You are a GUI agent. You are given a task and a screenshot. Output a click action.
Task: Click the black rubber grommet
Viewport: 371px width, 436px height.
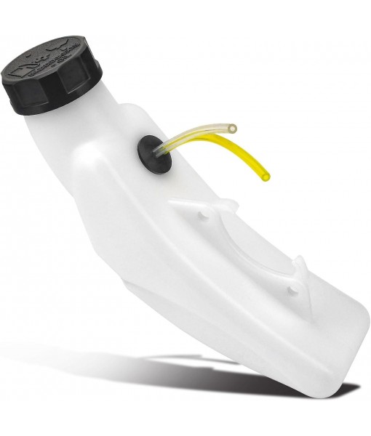[153, 152]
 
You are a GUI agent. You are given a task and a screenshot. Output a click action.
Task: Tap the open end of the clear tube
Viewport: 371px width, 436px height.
[232, 129]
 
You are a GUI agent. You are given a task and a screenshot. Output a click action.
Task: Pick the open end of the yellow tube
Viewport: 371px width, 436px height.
[266, 177]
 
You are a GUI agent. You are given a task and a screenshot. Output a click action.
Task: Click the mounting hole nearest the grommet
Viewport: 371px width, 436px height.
[204, 216]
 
